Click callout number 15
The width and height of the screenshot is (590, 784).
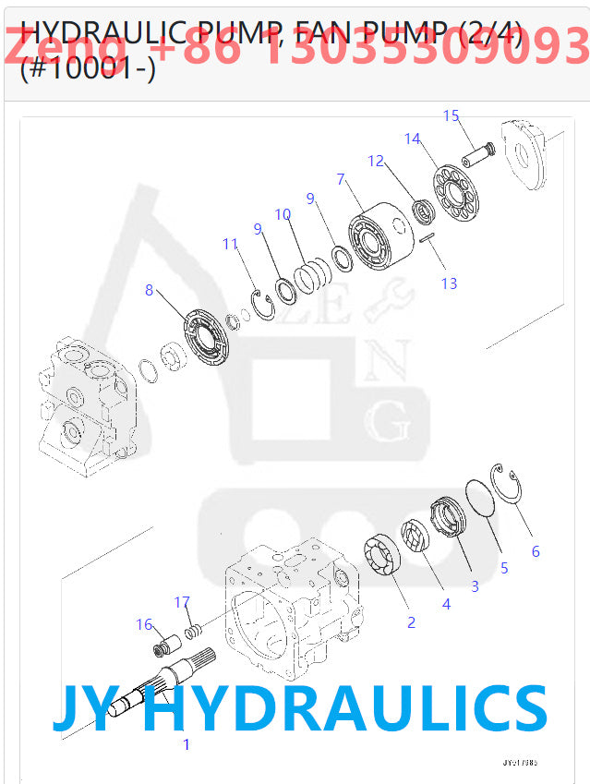pos(451,115)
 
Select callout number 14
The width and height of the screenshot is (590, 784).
pos(412,139)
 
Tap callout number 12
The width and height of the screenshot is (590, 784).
pos(375,161)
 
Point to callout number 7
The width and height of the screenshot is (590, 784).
pos(341,178)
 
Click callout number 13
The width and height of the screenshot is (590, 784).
pos(449,283)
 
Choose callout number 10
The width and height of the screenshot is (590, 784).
pos(283,214)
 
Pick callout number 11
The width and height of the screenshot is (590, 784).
pos(230,244)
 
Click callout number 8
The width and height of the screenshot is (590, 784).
pos(149,290)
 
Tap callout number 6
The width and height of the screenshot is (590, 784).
pos(535,551)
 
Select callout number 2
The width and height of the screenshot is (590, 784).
pos(411,622)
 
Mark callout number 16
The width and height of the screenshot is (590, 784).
pos(144,625)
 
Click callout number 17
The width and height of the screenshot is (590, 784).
pos(182,603)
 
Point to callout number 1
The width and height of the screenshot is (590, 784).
pos(186,744)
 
